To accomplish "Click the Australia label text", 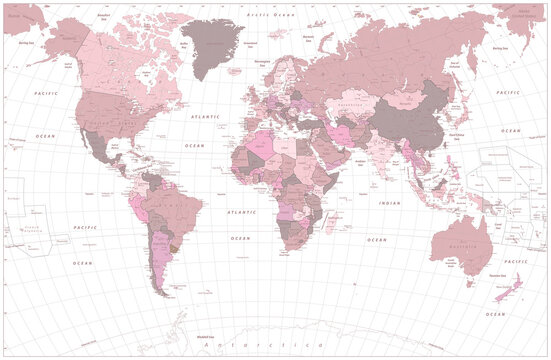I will pyautogui.click(x=459, y=246).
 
